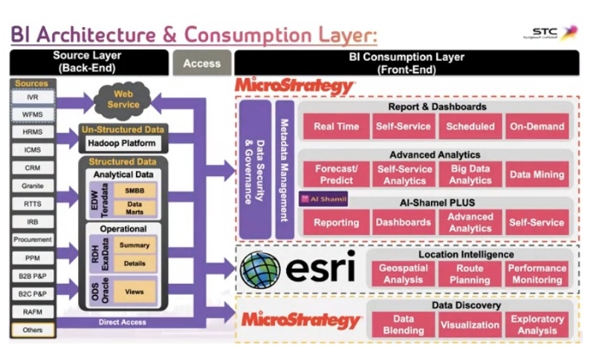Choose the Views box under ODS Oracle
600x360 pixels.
coord(134,291)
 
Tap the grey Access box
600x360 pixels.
coord(202,62)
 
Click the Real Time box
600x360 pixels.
coord(336,127)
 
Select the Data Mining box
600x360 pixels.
coord(538,174)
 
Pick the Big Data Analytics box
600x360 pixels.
coord(471,174)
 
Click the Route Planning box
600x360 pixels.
coord(471,274)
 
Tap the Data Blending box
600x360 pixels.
coord(402,324)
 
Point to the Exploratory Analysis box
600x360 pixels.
coord(538,324)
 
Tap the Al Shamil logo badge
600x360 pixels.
coord(323,199)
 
